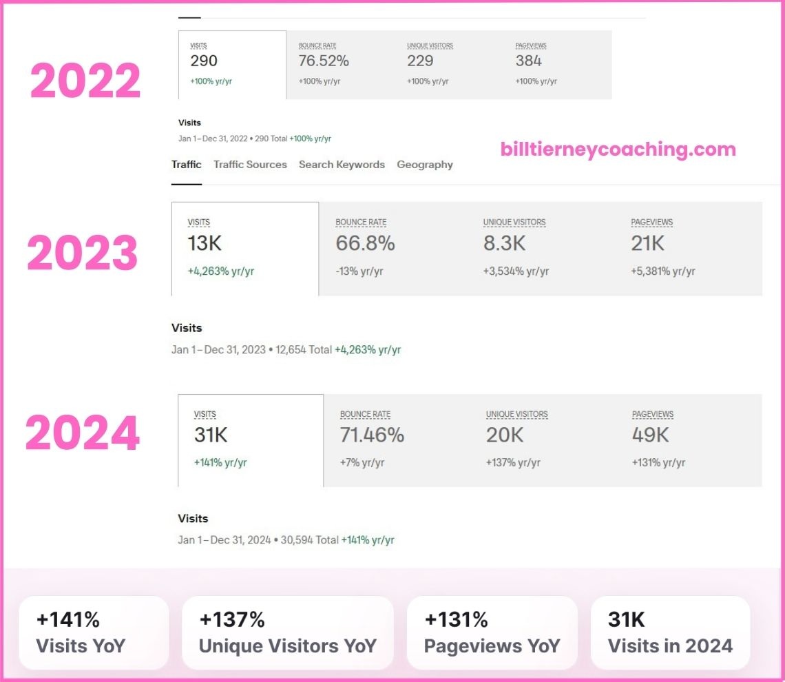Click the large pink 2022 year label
(x=85, y=81)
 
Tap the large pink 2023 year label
(x=83, y=253)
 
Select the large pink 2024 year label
(x=83, y=433)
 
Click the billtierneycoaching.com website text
(x=618, y=149)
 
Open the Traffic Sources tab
(x=250, y=165)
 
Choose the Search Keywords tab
(x=342, y=165)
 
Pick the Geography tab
(x=425, y=165)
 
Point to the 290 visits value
(x=204, y=61)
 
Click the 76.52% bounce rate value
(x=324, y=61)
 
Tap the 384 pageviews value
(x=528, y=61)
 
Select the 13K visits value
(x=205, y=243)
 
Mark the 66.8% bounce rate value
(x=365, y=243)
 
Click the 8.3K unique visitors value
(x=504, y=243)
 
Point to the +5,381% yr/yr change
(x=662, y=271)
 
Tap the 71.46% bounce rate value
(x=372, y=435)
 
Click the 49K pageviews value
(x=651, y=435)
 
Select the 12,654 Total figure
(x=304, y=350)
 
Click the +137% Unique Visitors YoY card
(x=288, y=632)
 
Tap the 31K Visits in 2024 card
(x=670, y=632)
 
